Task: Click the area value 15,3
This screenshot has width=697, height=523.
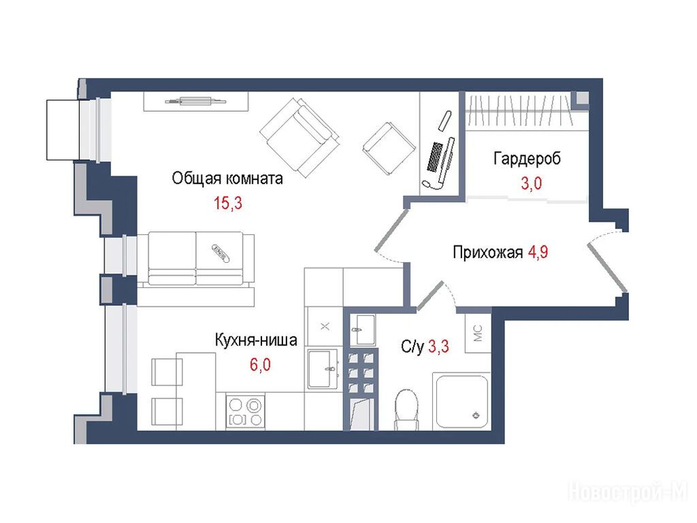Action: point(228,203)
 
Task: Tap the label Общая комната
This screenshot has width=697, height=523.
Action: point(227,178)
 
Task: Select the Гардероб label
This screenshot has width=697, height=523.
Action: point(528,158)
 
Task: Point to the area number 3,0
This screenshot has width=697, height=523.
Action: point(531,183)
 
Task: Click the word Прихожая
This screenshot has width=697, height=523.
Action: point(487,252)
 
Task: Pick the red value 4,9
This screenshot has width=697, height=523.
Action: point(538,252)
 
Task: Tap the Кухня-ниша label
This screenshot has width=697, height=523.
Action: point(256,340)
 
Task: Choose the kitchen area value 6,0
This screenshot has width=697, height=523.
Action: point(260,365)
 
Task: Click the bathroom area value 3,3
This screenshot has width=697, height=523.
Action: point(439,346)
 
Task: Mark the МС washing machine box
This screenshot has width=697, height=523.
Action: point(479,333)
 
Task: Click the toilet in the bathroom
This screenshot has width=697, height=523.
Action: point(407,409)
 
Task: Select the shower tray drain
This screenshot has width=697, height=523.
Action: point(476,415)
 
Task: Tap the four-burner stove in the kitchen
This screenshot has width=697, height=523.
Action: point(245,412)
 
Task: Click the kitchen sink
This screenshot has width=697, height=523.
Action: point(323,368)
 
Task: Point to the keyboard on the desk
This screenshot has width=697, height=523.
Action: point(434,157)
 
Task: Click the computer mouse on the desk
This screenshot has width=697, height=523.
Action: point(427,183)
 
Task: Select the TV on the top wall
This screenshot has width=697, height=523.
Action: point(195,101)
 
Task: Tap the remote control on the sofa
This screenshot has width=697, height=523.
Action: point(221,253)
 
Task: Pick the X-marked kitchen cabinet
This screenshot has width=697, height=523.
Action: point(325,327)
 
